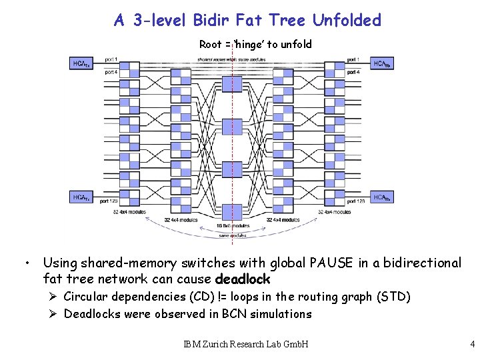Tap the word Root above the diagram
[211, 45]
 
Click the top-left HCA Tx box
[81, 64]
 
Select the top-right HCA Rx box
[382, 64]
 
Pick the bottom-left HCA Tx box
[81, 197]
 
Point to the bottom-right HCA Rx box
[382, 197]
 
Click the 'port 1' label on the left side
[111, 60]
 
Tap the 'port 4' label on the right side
[353, 71]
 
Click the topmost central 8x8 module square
[231, 84]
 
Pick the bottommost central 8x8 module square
[231, 212]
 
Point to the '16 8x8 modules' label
[232, 226]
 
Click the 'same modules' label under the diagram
[232, 235]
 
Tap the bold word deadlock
[243, 279]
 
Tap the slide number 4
[472, 345]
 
